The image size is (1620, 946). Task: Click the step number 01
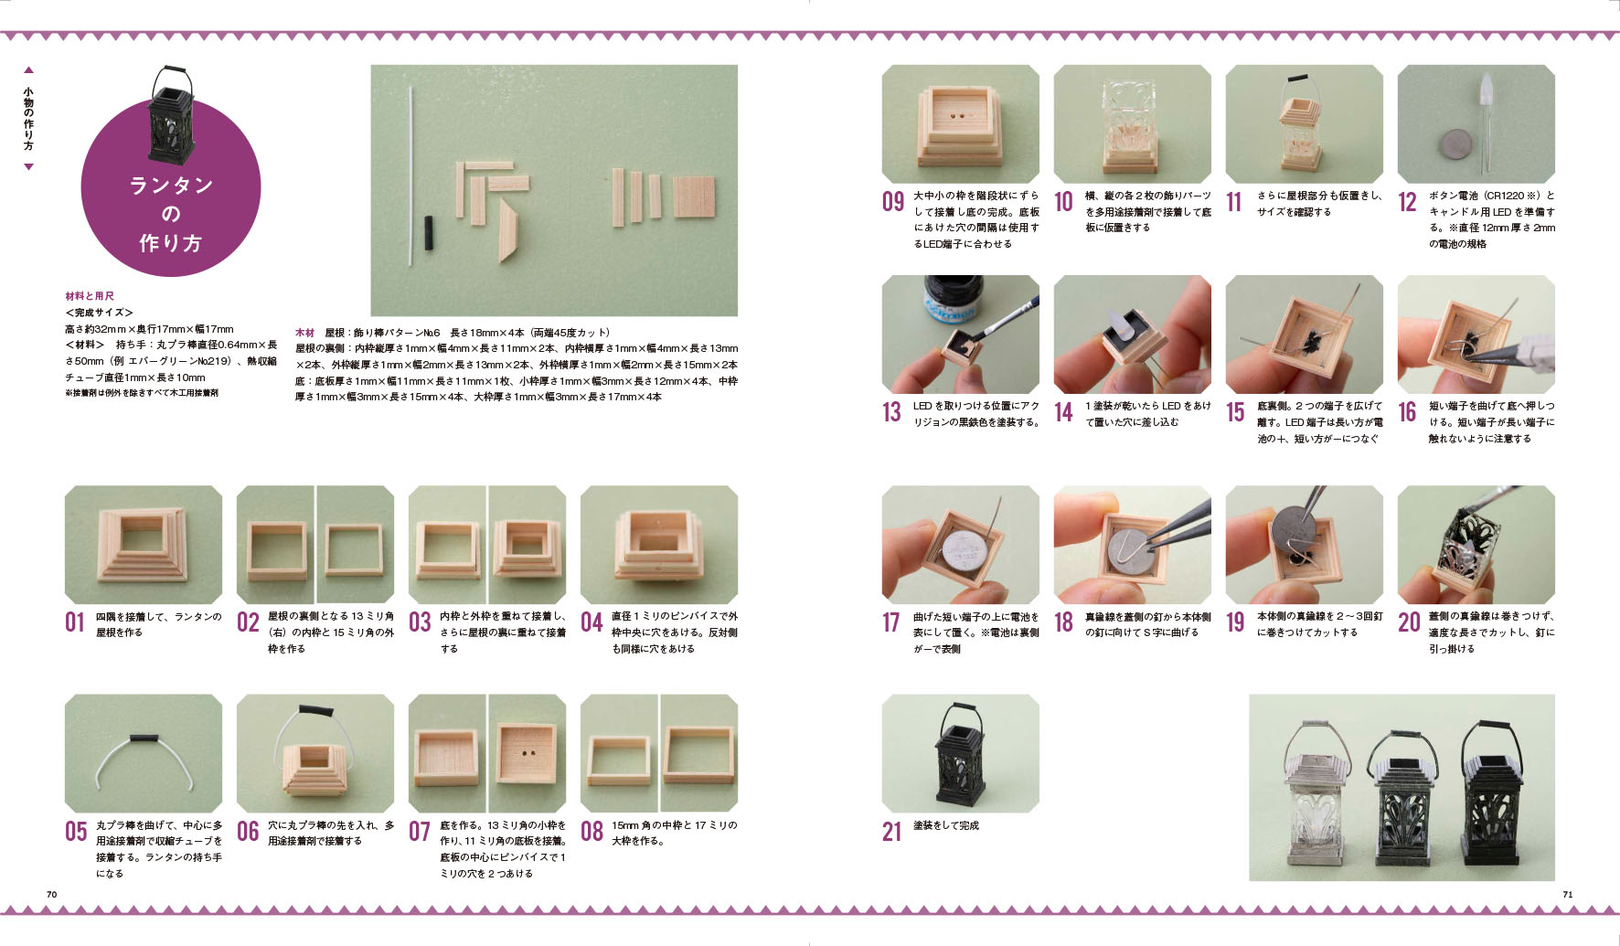pos(74,622)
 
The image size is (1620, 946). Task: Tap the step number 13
pos(891,412)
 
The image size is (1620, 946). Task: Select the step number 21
pos(891,832)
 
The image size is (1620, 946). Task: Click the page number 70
pos(51,894)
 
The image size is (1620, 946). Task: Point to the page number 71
pos(1568,894)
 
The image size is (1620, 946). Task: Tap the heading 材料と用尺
pos(90,296)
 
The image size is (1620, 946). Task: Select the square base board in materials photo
pos(694,196)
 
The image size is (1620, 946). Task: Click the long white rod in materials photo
pos(410,175)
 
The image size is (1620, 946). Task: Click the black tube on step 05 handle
pos(144,739)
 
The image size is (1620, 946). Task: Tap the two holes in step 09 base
pos(959,118)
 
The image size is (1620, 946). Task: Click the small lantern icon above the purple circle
pos(171,113)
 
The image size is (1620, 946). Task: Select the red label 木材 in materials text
pos(304,333)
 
